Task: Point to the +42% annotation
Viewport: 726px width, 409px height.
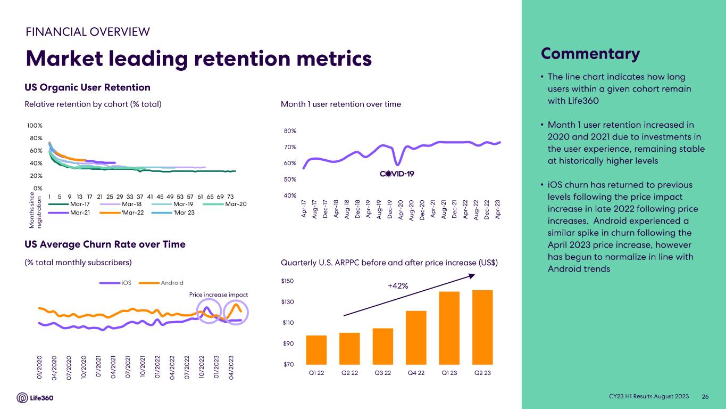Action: point(398,286)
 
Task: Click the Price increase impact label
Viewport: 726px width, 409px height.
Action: point(219,295)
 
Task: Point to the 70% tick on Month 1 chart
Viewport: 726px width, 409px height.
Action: point(290,147)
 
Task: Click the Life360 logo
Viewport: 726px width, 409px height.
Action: point(35,398)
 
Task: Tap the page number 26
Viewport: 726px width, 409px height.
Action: point(706,397)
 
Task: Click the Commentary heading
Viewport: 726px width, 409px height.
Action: point(590,54)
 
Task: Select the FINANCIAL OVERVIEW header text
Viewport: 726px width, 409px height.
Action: point(88,31)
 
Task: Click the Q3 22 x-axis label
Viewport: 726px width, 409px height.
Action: point(383,373)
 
